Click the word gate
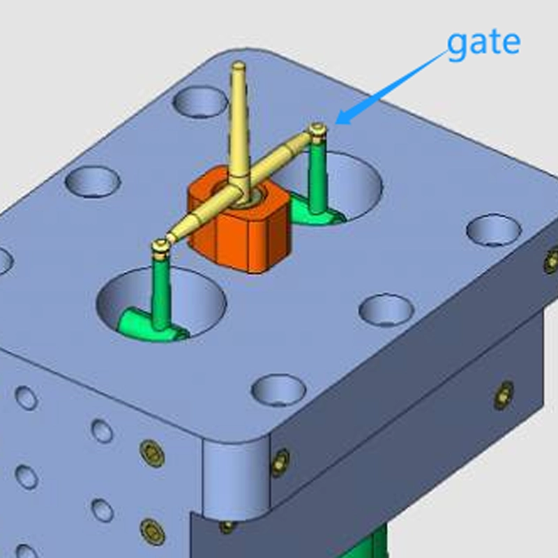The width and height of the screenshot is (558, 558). pyautogui.click(x=483, y=43)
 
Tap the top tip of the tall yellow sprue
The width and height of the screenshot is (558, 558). pyautogui.click(x=239, y=66)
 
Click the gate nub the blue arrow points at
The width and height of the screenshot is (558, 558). pyautogui.click(x=318, y=130)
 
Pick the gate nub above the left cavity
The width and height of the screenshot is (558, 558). pyautogui.click(x=160, y=246)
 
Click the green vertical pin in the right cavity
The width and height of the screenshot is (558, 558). pyautogui.click(x=318, y=181)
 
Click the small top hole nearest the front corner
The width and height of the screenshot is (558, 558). pyautogui.click(x=278, y=389)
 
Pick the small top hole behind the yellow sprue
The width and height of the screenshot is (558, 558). pyautogui.click(x=200, y=102)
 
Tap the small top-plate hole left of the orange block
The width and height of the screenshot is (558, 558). pyautogui.click(x=93, y=182)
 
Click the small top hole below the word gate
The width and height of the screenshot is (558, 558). pyautogui.click(x=493, y=230)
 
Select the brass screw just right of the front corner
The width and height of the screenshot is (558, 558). pyautogui.click(x=280, y=462)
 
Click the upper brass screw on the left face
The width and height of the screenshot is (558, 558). pyautogui.click(x=151, y=453)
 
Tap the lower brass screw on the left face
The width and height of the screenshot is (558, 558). pyautogui.click(x=152, y=531)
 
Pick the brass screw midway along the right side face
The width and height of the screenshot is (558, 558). pyautogui.click(x=504, y=395)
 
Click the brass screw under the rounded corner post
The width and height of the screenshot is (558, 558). pyautogui.click(x=227, y=527)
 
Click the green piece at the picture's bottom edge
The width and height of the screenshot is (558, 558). pyautogui.click(x=377, y=544)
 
